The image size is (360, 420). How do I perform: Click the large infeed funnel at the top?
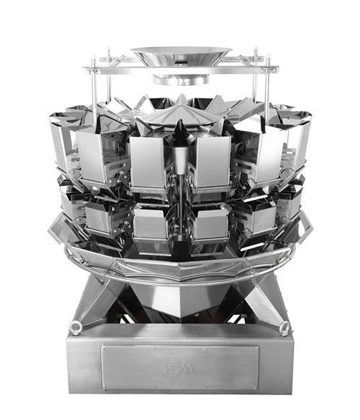[x=180, y=56]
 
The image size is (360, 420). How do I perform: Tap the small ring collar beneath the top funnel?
[x=180, y=80]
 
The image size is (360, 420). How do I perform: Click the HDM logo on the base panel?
[x=180, y=369]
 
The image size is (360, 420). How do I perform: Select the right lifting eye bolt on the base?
[x=284, y=328]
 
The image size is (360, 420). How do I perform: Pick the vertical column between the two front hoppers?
[x=180, y=187]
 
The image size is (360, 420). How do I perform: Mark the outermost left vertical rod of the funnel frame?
[x=93, y=89]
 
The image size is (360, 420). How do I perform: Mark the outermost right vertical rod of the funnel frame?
[x=268, y=89]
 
